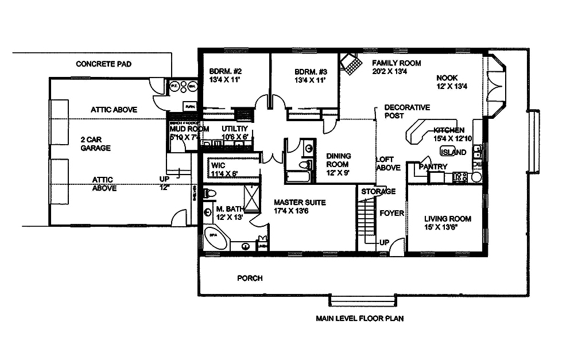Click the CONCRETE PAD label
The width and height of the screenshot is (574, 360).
103,64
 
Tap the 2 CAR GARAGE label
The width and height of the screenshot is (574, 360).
95,144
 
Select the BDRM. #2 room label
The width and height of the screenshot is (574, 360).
223,76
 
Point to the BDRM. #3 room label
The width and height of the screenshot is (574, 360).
310,76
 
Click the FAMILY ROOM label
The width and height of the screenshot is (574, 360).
397,67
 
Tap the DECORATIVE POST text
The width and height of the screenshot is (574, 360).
406,111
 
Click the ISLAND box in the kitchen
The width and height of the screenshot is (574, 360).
453,152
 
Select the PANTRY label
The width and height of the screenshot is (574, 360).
433,167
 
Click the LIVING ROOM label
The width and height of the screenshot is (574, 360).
448,223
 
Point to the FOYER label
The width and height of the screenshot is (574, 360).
391,213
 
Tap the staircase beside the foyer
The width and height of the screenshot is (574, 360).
366,221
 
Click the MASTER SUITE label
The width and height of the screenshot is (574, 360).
300,207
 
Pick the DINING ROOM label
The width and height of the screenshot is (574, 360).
339,161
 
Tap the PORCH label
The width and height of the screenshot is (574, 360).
250,278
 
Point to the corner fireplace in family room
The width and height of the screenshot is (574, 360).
351,62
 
